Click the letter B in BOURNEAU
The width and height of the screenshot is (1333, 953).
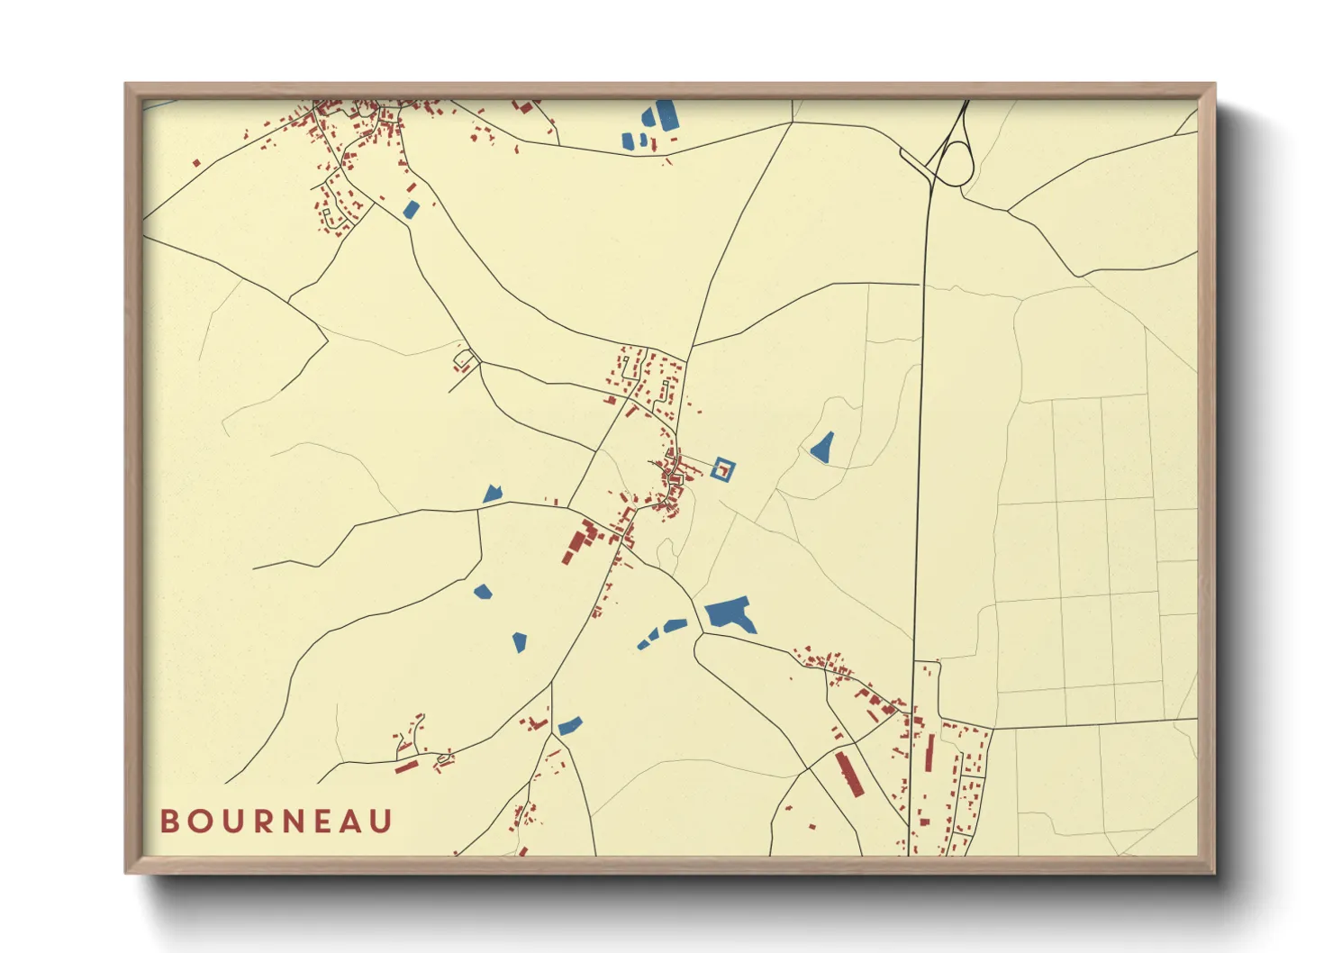click(169, 821)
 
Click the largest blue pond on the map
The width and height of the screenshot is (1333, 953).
click(730, 615)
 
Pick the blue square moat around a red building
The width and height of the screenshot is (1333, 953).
click(723, 468)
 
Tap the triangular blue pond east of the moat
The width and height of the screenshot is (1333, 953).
click(821, 448)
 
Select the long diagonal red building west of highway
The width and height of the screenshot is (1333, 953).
click(848, 774)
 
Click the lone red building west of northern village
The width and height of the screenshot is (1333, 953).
click(196, 163)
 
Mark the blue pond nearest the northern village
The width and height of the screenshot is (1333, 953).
click(411, 210)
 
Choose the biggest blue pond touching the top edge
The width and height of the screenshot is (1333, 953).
click(666, 115)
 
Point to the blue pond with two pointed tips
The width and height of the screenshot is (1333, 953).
click(491, 494)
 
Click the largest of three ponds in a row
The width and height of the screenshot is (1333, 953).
click(676, 625)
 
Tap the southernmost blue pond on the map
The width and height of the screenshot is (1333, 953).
click(569, 725)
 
